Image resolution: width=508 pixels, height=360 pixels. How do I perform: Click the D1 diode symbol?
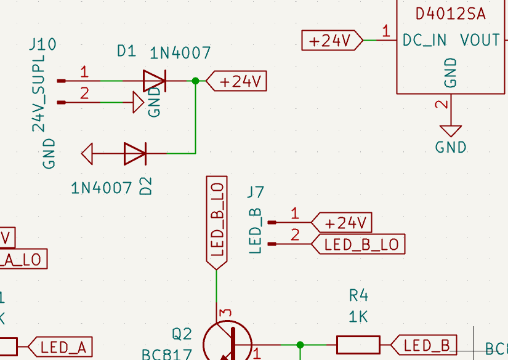point(154,81)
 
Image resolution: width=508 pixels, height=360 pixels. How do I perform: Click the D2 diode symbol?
point(135,153)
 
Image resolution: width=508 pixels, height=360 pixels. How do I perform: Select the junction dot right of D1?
point(196,81)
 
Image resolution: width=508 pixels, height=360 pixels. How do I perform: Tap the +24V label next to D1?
point(237,81)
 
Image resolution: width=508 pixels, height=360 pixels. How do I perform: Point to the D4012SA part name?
point(450,14)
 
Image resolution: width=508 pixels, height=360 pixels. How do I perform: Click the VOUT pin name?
point(480,41)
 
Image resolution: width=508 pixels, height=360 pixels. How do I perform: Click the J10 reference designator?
point(42,44)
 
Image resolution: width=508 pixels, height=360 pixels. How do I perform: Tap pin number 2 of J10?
point(84,94)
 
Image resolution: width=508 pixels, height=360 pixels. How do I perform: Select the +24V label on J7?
point(342,222)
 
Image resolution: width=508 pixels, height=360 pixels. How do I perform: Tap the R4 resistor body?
point(358,345)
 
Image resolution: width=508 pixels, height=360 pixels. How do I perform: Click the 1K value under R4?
point(358,317)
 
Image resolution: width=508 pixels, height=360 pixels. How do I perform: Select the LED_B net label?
point(425,345)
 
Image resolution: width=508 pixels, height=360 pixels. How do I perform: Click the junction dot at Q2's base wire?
point(300,345)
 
